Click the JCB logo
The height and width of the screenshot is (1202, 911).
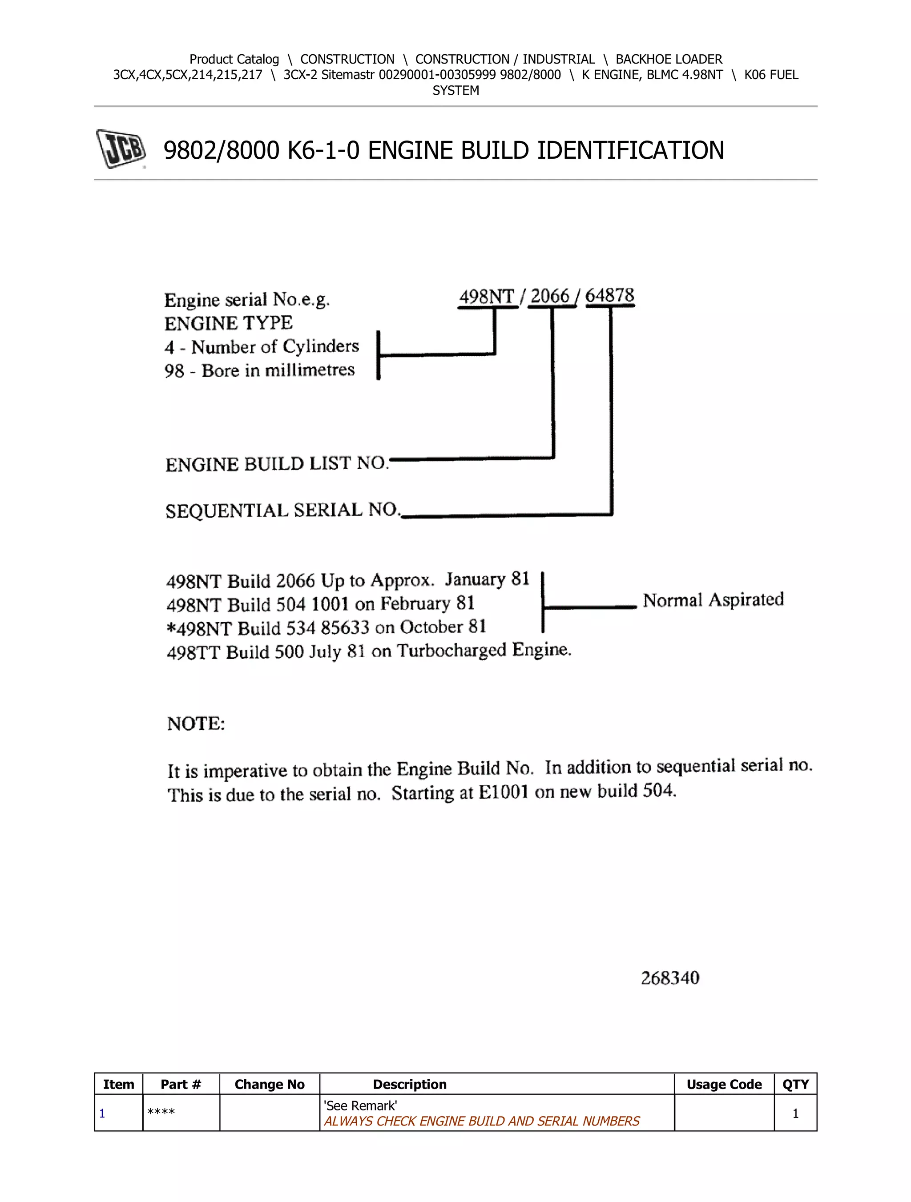[x=121, y=149]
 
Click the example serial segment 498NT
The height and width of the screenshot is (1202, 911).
[x=487, y=297]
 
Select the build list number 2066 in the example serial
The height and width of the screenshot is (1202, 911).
[x=549, y=297]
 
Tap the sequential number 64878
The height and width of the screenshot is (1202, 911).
[x=609, y=296]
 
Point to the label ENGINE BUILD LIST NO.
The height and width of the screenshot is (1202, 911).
[x=277, y=464]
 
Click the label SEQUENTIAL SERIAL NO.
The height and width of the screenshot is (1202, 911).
[x=282, y=510]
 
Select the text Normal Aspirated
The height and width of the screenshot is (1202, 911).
[x=713, y=600]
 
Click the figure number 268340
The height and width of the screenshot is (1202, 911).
[x=669, y=978]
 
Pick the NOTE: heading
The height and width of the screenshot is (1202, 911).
[x=196, y=724]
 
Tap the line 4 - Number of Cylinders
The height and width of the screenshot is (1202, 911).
[x=262, y=347]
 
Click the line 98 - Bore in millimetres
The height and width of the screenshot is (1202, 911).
[x=259, y=370]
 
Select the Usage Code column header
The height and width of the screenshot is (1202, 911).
[x=723, y=1085]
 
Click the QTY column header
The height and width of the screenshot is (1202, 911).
[x=795, y=1085]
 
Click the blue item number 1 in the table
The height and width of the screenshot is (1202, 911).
[x=102, y=1114]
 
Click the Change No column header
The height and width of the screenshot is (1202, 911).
[x=269, y=1085]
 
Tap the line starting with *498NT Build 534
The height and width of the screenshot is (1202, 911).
[x=326, y=627]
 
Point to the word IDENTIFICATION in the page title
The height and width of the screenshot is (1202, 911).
[x=630, y=150]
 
